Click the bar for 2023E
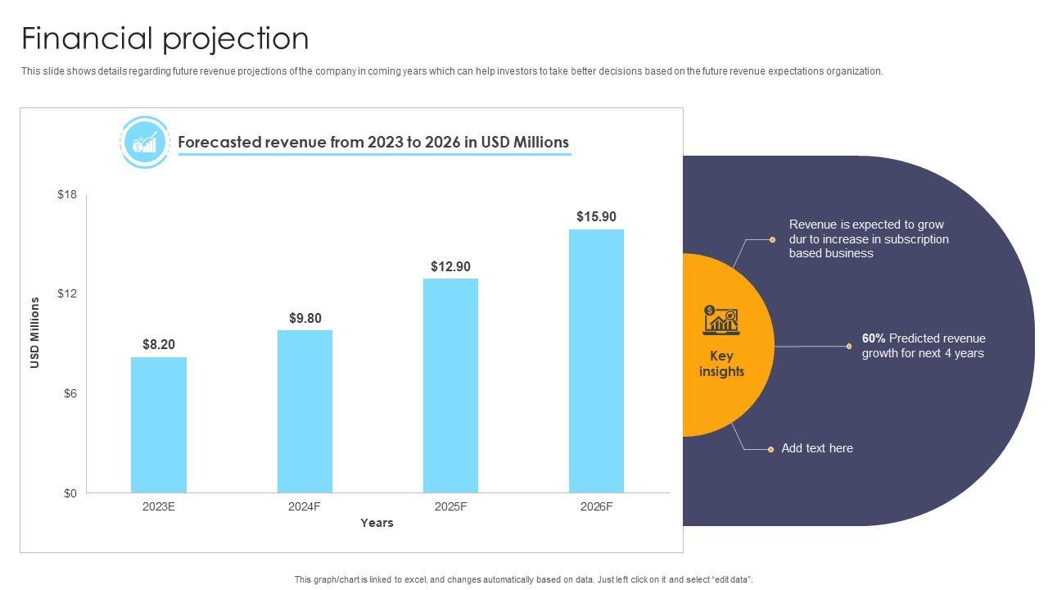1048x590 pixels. coord(159,424)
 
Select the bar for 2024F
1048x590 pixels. coord(305,411)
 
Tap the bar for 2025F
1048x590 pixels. coord(450,385)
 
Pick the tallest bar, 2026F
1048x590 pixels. coord(596,361)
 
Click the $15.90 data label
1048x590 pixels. coord(596,216)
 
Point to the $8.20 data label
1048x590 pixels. coord(159,344)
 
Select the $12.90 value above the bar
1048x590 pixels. coord(450,266)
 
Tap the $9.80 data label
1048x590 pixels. coord(305,318)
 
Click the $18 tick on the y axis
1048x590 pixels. coord(67,194)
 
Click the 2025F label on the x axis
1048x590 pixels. coord(450,506)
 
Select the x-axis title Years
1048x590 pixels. coord(377,523)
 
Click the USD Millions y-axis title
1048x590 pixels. coord(35,333)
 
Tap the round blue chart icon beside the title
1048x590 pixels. coord(145,143)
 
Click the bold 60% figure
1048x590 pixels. coord(874,338)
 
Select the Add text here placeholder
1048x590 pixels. coord(817,448)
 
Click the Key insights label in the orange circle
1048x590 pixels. coord(721,364)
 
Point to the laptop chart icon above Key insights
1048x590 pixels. coord(720,320)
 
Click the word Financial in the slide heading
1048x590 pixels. coord(88,39)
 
